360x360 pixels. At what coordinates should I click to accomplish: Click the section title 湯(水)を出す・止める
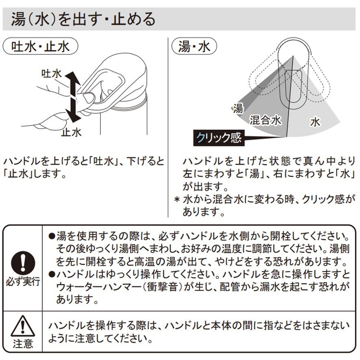83,19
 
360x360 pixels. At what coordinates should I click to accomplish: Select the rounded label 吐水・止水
40,46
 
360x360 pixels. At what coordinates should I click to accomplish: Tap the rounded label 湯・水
194,46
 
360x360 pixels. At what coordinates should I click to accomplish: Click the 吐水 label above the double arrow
52,74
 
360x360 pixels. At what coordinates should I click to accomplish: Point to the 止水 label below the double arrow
71,132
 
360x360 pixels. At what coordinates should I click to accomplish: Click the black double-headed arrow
73,96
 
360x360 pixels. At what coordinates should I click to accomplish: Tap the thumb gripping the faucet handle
89,98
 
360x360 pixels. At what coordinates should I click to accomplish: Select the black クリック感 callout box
219,138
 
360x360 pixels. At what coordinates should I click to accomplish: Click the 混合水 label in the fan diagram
265,120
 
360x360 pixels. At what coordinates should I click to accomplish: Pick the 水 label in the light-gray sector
315,121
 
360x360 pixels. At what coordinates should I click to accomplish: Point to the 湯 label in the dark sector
238,108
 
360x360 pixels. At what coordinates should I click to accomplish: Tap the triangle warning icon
23,326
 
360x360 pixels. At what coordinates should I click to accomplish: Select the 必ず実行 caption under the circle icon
23,282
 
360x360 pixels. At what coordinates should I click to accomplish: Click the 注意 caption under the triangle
23,344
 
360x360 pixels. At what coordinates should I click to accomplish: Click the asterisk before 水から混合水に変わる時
177,199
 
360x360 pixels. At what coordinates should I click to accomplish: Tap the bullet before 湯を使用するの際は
52,236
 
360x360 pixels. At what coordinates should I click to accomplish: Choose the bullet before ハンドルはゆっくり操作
52,274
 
